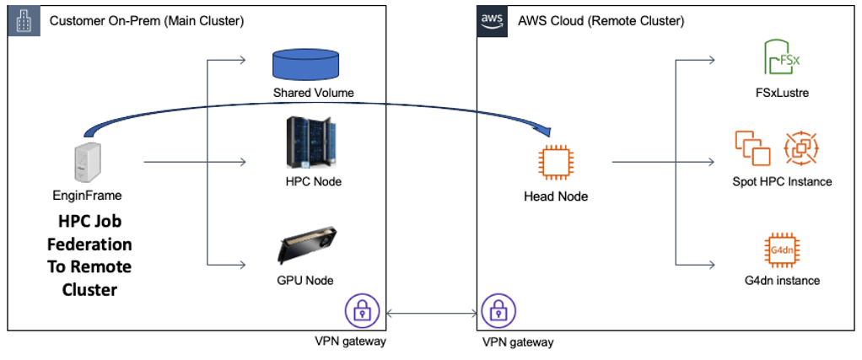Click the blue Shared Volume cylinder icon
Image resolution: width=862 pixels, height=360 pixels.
coord(304,66)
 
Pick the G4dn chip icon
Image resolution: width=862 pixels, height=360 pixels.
coord(782,250)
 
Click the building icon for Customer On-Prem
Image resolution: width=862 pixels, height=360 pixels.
coord(23,21)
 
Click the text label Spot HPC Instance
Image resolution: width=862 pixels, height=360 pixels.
coord(782,181)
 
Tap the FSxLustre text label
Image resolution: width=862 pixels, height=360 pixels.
coord(782,93)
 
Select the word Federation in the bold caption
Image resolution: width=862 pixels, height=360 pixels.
coord(94,245)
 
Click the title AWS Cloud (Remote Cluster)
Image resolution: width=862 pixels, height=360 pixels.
coord(601,20)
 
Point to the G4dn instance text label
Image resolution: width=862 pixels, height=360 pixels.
coord(782,280)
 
